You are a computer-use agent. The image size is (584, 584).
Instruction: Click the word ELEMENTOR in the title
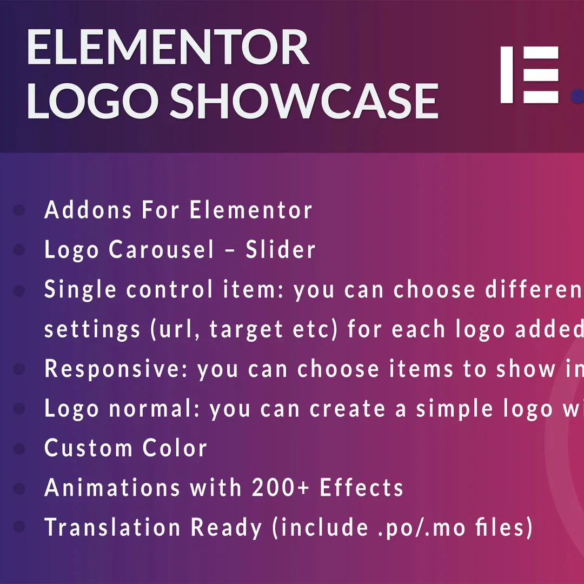168,49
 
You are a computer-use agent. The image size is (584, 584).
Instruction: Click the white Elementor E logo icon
529,75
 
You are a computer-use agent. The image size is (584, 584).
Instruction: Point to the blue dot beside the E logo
578,96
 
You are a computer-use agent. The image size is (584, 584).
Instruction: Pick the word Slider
281,250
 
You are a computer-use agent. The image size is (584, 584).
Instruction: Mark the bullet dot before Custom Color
19,449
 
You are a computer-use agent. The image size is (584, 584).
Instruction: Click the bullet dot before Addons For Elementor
19,210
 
